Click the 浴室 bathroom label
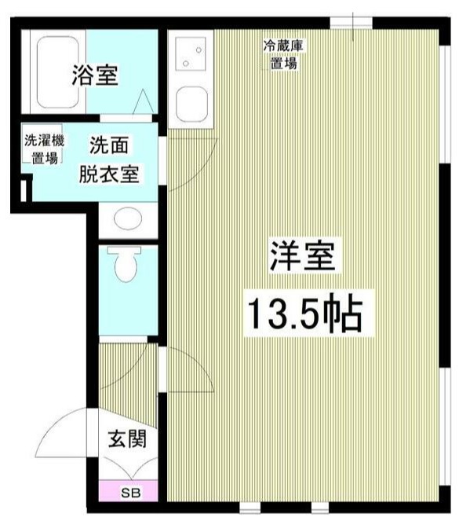pos(95,76)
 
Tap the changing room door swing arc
pos(182,169)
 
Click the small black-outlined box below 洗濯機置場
pos(24,189)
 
